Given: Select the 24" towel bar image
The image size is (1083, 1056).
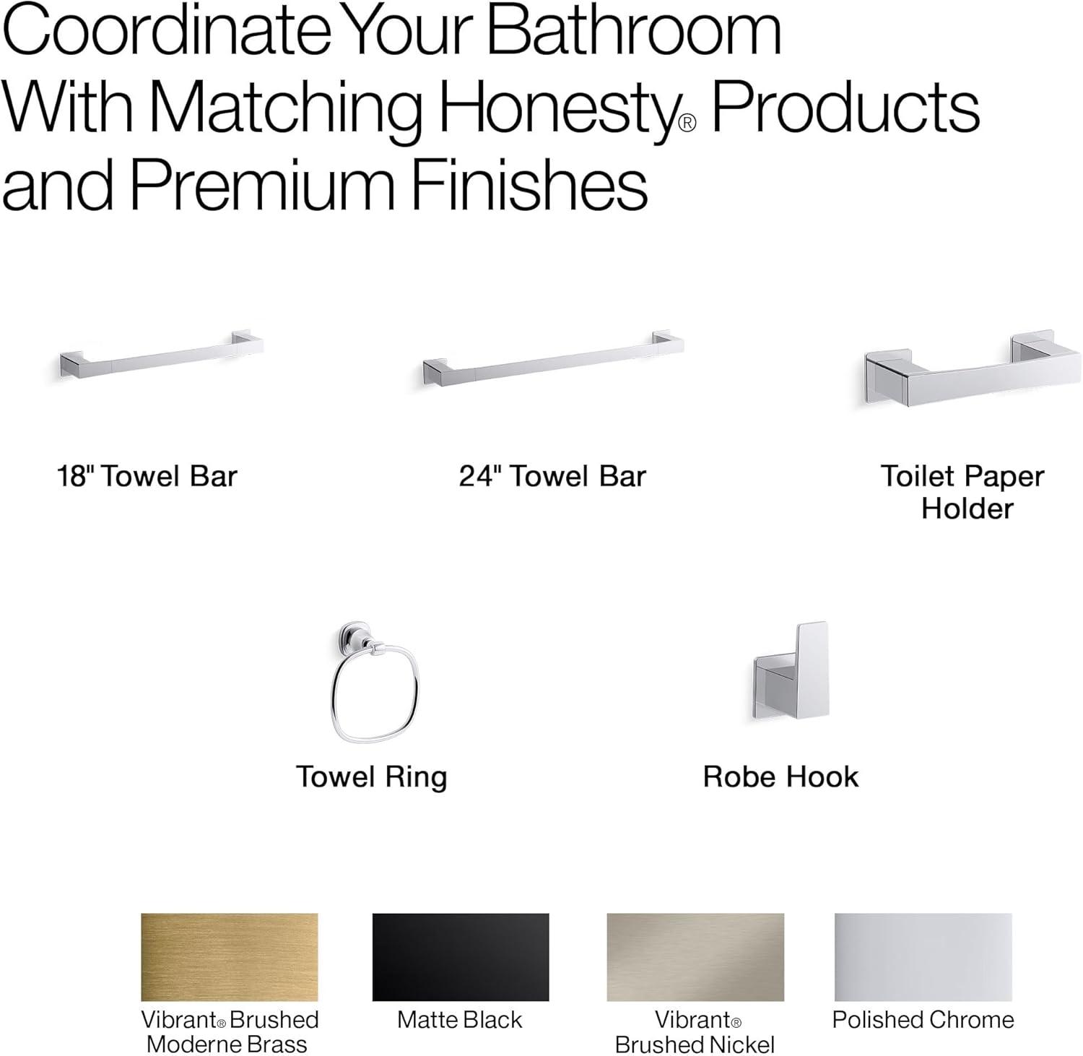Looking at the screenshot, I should (x=553, y=359).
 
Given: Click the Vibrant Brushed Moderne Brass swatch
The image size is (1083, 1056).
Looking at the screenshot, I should (x=229, y=956).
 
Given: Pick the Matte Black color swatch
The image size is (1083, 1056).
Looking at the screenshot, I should (x=460, y=956).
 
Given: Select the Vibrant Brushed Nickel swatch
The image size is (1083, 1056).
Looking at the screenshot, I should (x=695, y=956).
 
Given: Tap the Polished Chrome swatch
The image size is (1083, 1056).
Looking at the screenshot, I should (x=923, y=956).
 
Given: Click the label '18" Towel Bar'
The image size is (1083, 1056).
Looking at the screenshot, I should (x=147, y=477).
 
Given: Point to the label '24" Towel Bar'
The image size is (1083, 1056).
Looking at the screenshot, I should (x=552, y=477).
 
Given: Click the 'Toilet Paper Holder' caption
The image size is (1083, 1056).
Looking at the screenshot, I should (x=963, y=492).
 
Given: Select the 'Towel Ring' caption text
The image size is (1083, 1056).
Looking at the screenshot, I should (x=372, y=777).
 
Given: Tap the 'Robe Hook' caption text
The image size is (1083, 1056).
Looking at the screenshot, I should (x=780, y=777).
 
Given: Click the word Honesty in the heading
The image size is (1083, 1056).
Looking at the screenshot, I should (x=557, y=110).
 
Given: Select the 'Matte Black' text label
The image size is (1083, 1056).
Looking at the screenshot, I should (x=459, y=1020).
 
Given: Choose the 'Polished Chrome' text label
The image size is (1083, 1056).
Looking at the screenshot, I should (x=923, y=1020).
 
